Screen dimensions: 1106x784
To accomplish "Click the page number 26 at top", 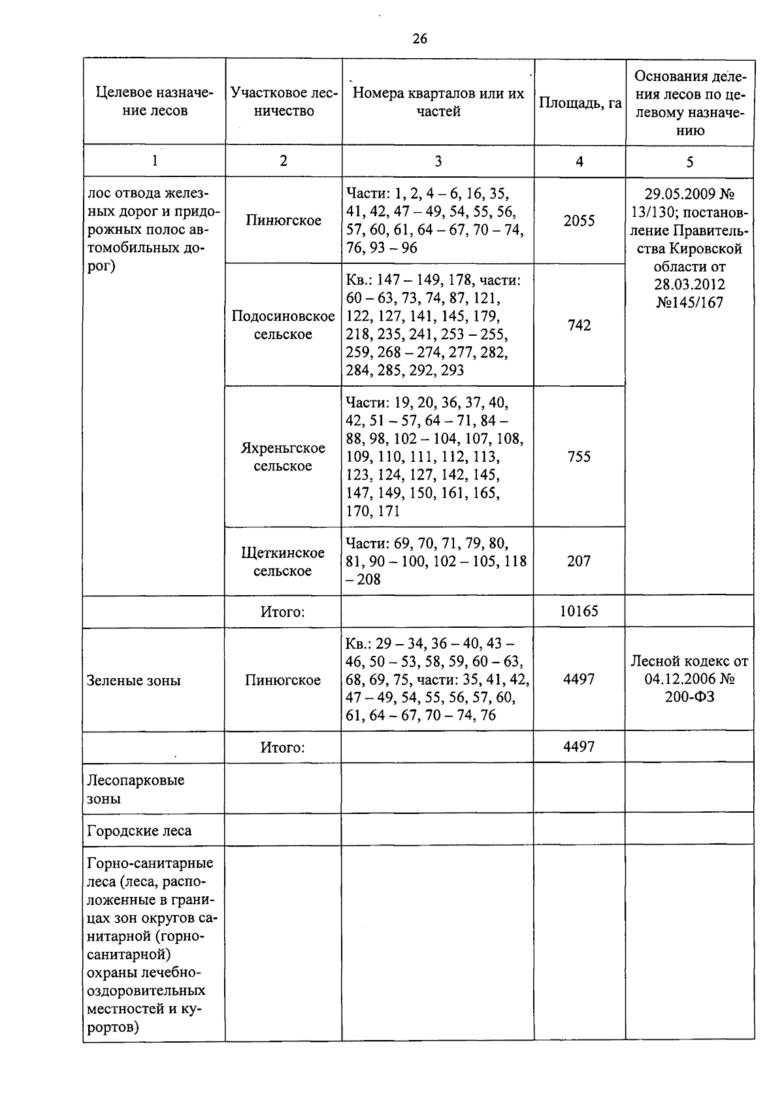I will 419,39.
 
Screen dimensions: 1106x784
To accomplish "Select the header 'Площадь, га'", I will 579,103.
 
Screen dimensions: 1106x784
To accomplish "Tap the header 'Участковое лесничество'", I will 284,102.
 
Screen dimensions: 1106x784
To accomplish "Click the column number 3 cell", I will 438,161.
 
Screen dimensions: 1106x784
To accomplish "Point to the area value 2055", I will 579,221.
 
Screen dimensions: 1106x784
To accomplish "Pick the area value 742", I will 579,325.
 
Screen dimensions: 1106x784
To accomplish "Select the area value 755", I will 579,457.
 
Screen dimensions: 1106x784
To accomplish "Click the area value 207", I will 579,561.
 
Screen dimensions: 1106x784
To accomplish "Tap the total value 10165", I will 579,611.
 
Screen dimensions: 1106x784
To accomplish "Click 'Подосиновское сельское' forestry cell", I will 284,325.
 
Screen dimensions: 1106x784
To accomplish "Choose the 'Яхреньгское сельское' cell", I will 284,457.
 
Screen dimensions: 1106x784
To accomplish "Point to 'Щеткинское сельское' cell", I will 284,562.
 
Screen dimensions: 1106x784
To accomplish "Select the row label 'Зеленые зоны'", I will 134,681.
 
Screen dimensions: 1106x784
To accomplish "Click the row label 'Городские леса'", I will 139,831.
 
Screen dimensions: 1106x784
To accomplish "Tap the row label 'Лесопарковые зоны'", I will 136,789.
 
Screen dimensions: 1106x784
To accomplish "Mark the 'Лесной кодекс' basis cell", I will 689,679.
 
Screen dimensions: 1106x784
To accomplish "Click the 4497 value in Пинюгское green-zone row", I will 579,679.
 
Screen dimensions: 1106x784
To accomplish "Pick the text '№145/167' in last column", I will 689,303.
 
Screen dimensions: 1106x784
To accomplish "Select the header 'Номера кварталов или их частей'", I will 438,103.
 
